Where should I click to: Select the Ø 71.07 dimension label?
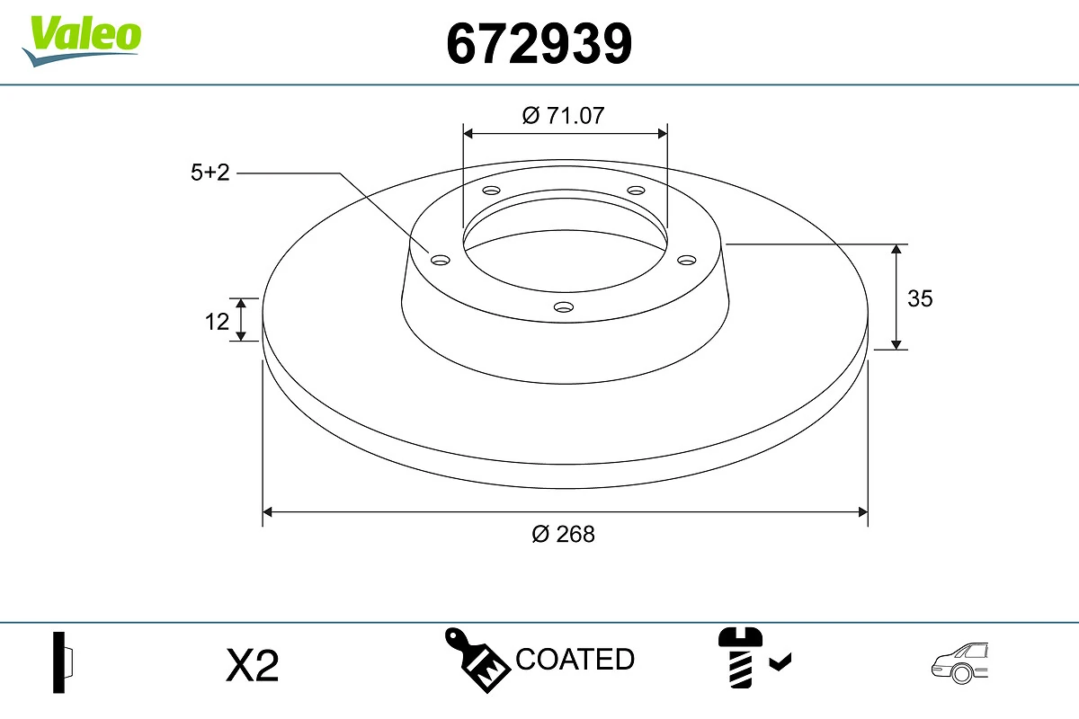tap(564, 115)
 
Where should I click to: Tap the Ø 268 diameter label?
tap(564, 534)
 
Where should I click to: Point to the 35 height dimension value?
tap(920, 298)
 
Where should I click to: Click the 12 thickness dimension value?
tap(217, 321)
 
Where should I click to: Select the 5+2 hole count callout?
tap(210, 173)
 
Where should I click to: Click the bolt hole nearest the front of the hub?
tap(564, 307)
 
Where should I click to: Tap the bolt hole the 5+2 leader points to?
tap(440, 260)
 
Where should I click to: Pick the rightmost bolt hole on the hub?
tap(687, 260)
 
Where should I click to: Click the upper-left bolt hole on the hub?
tap(491, 191)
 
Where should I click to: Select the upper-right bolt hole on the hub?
tap(637, 191)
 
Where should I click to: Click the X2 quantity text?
tap(253, 666)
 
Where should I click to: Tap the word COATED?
tap(575, 660)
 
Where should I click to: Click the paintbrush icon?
tap(477, 661)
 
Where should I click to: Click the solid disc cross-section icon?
tap(62, 662)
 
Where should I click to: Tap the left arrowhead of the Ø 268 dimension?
tap(267, 512)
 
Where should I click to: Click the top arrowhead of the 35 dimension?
tap(896, 250)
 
